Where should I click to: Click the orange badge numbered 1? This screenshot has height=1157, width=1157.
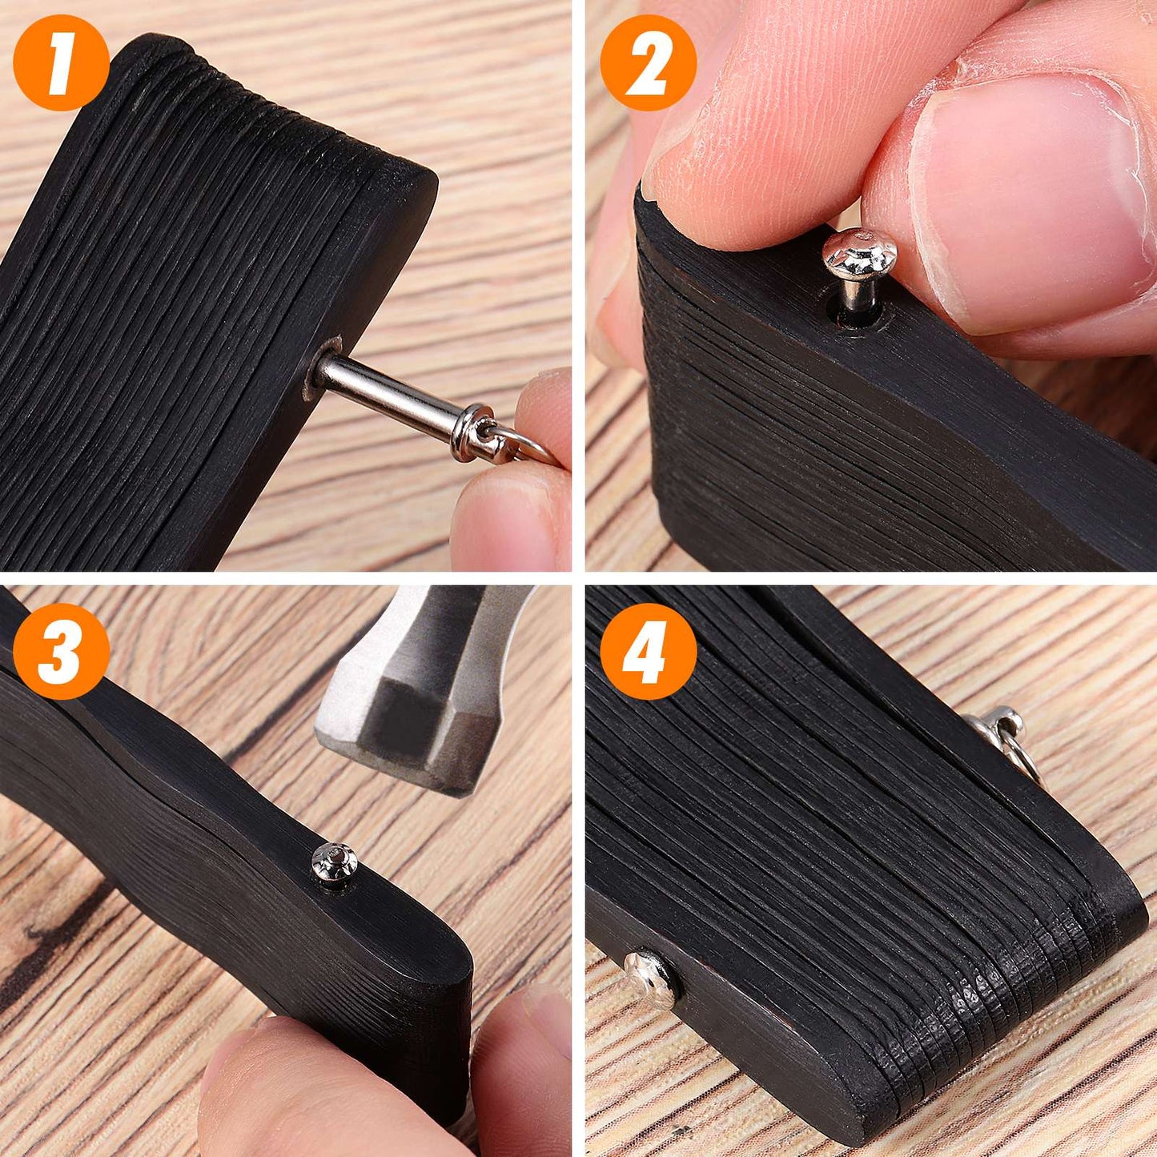point(61,62)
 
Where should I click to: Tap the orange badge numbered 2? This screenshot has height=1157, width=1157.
point(648,62)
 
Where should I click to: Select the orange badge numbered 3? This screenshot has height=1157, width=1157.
point(61,651)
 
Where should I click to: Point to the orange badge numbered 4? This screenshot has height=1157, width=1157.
point(648,651)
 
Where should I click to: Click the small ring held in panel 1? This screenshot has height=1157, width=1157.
point(520,444)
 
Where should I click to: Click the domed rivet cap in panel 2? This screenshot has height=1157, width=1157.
point(859,252)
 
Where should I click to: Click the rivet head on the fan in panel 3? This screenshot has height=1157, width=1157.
point(334,862)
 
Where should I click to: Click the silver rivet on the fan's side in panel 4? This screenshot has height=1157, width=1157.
point(651,978)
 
